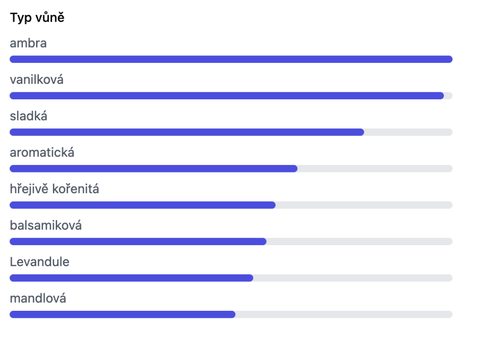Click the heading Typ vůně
[x=37, y=18]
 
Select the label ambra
[x=28, y=43]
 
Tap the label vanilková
[x=37, y=80]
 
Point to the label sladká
[x=29, y=116]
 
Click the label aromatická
[x=42, y=152]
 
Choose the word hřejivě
[x=29, y=189]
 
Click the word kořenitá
[x=75, y=189]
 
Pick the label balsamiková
[x=46, y=225]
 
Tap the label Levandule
[x=39, y=262]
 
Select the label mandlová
[x=38, y=298]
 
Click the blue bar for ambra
[x=231, y=59]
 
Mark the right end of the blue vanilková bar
[x=443, y=96]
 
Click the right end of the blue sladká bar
[x=364, y=132]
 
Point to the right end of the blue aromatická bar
[x=297, y=168]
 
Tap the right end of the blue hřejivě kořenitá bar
[x=275, y=205]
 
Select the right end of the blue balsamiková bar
[x=266, y=241]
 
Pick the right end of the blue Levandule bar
[x=253, y=277]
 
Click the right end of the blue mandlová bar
[x=235, y=314]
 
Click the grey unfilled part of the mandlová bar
[x=344, y=314]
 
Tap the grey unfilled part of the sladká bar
[x=408, y=132]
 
